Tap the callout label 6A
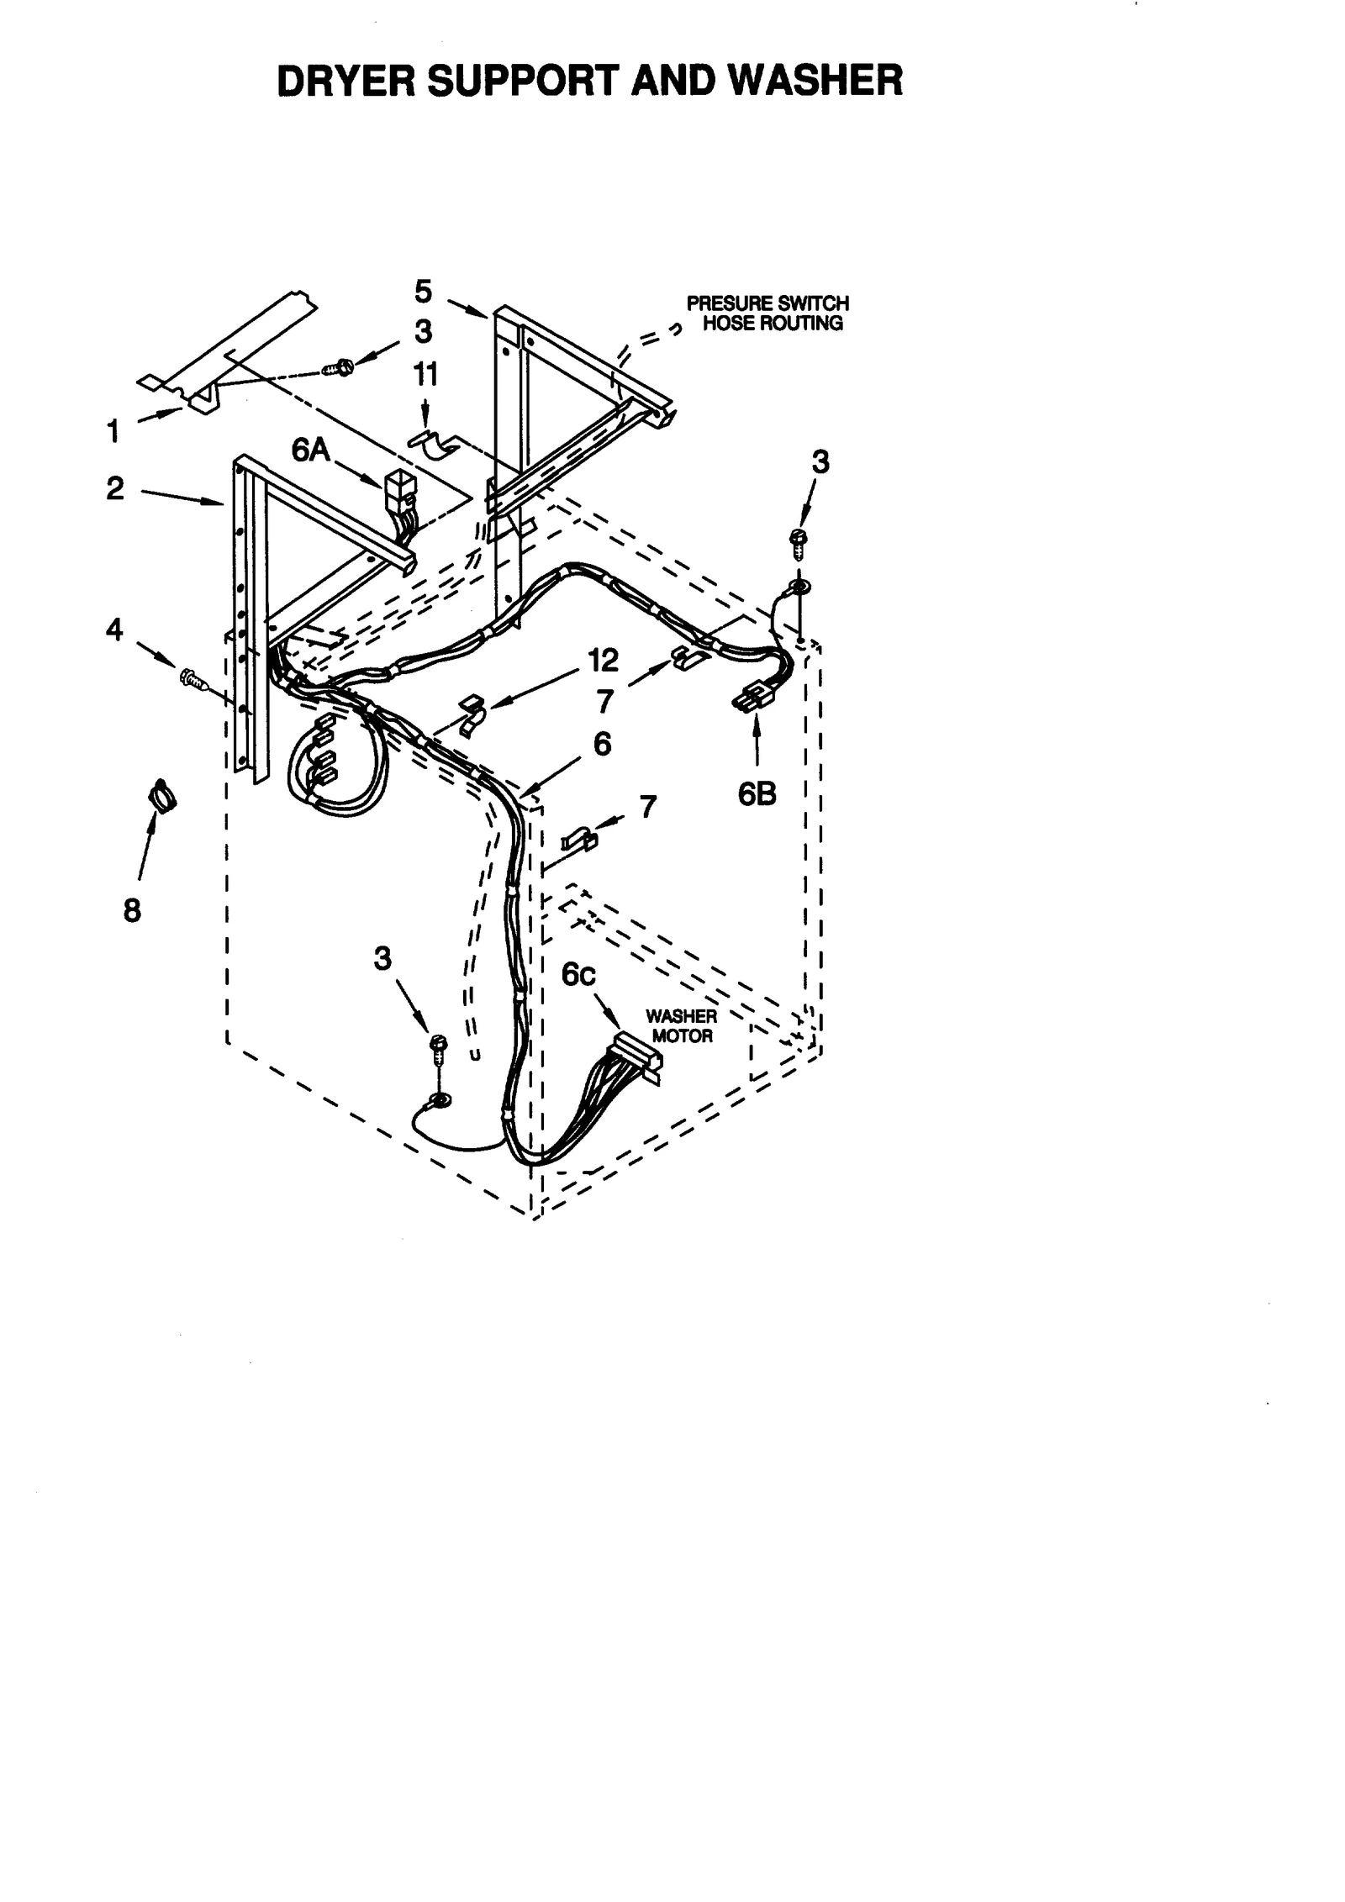(310, 450)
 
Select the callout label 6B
(757, 793)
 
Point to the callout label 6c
(579, 974)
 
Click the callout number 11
(425, 375)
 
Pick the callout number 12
(603, 660)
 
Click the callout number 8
(132, 910)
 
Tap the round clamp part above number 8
(162, 793)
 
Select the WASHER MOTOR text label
(681, 1026)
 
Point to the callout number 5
(423, 292)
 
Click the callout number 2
(115, 488)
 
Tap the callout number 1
(113, 432)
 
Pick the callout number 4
(113, 629)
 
